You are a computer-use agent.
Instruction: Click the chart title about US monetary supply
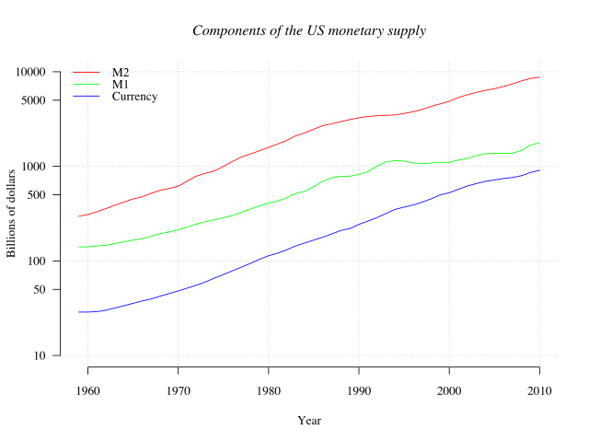point(308,30)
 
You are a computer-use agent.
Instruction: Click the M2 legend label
point(121,72)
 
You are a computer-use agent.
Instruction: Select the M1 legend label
point(121,84)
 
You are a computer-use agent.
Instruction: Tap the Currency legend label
point(134,97)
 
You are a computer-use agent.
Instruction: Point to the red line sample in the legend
point(87,72)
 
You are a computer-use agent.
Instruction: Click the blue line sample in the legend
point(87,97)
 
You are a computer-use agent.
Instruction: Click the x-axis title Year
point(308,421)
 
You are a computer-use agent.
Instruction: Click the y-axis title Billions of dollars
point(12,213)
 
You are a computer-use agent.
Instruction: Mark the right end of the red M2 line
point(539,77)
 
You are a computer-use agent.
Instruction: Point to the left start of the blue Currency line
point(79,312)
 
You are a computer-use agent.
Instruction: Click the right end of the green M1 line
point(539,143)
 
